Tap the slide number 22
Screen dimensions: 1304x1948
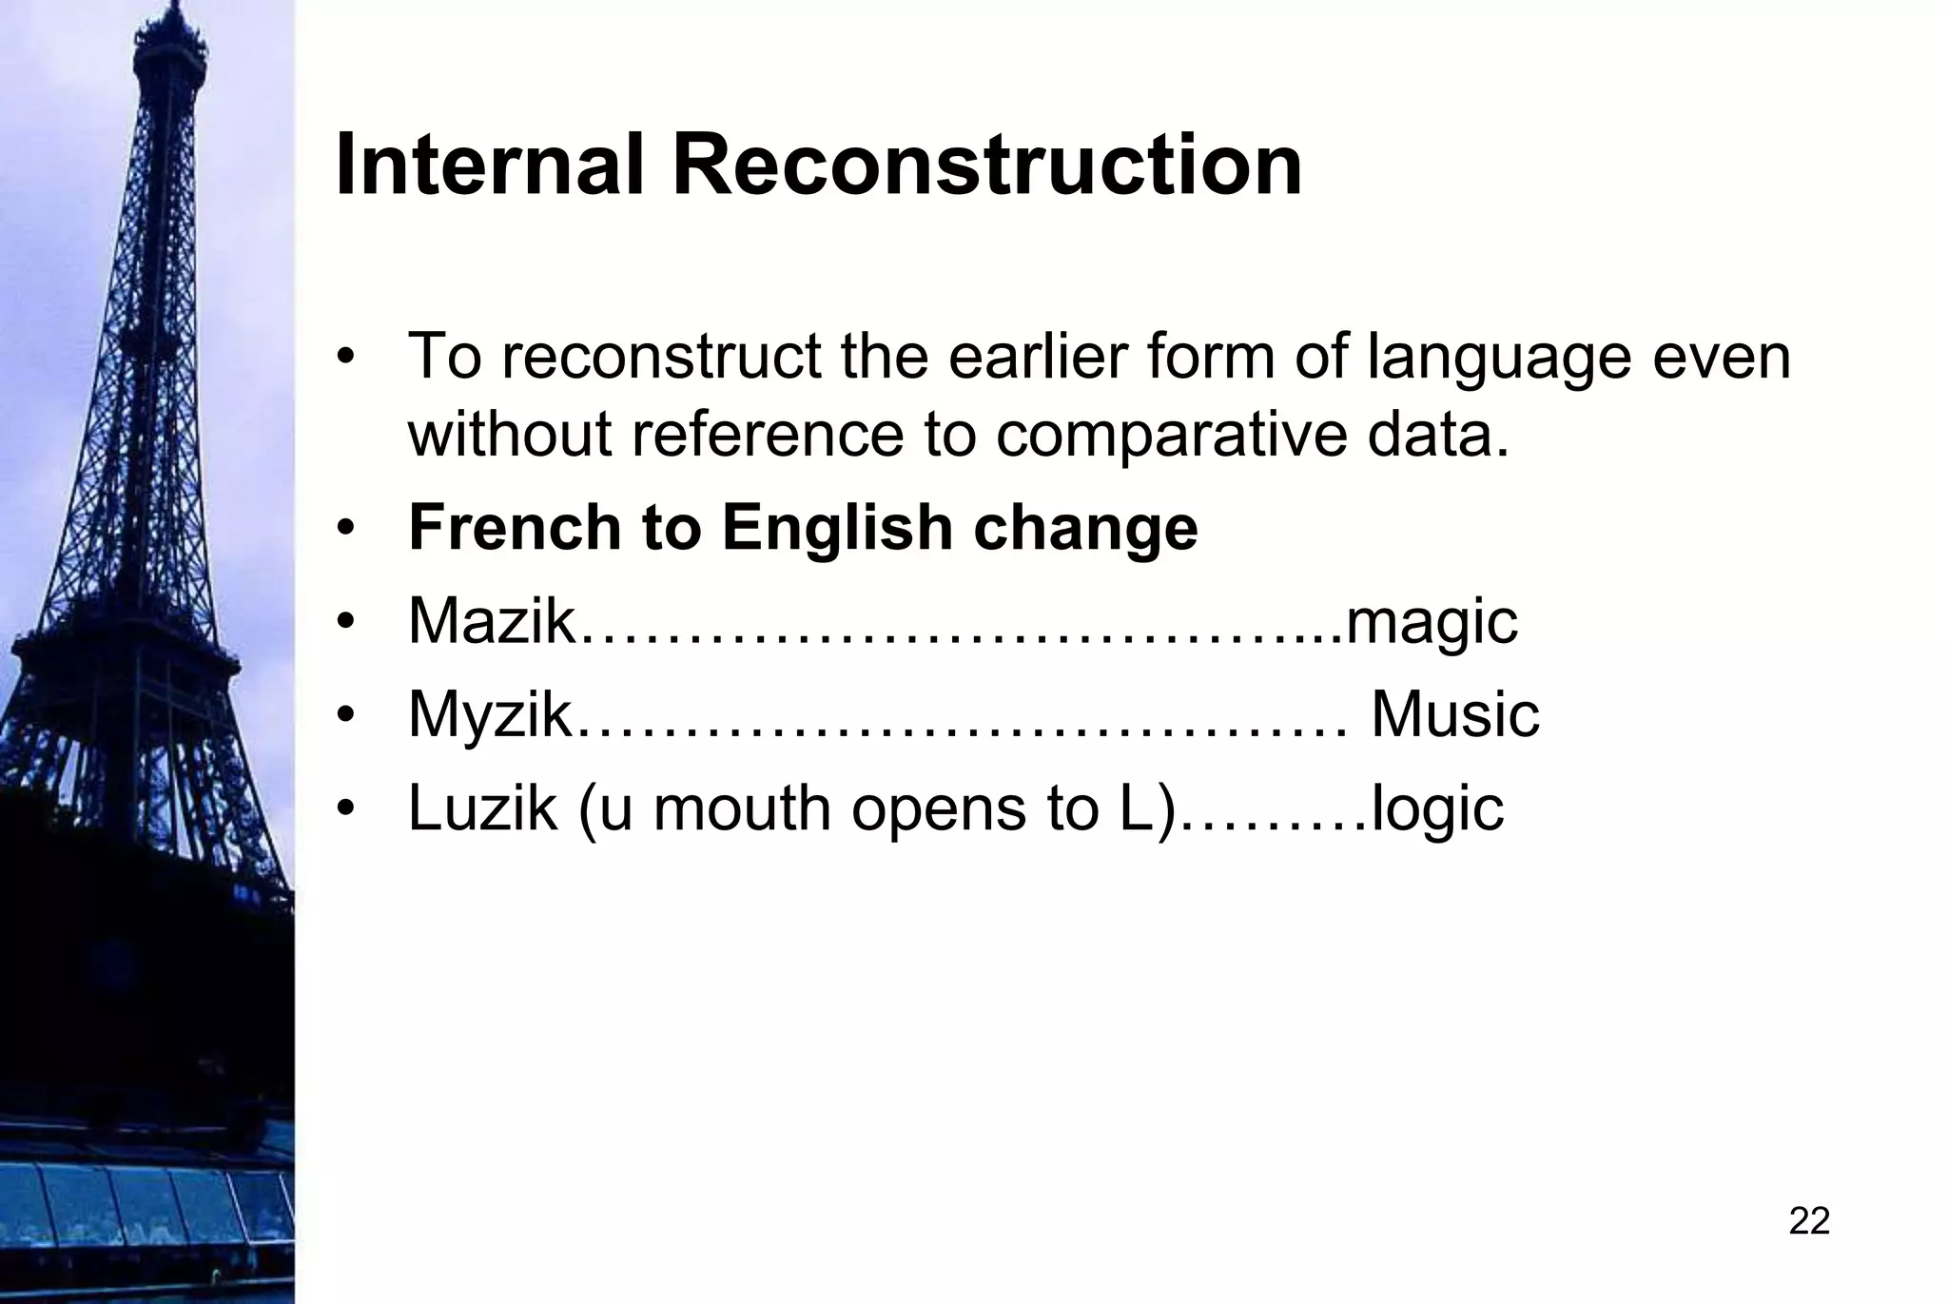(1809, 1220)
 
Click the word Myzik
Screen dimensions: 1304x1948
(489, 716)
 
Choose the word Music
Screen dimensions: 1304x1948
(1454, 714)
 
